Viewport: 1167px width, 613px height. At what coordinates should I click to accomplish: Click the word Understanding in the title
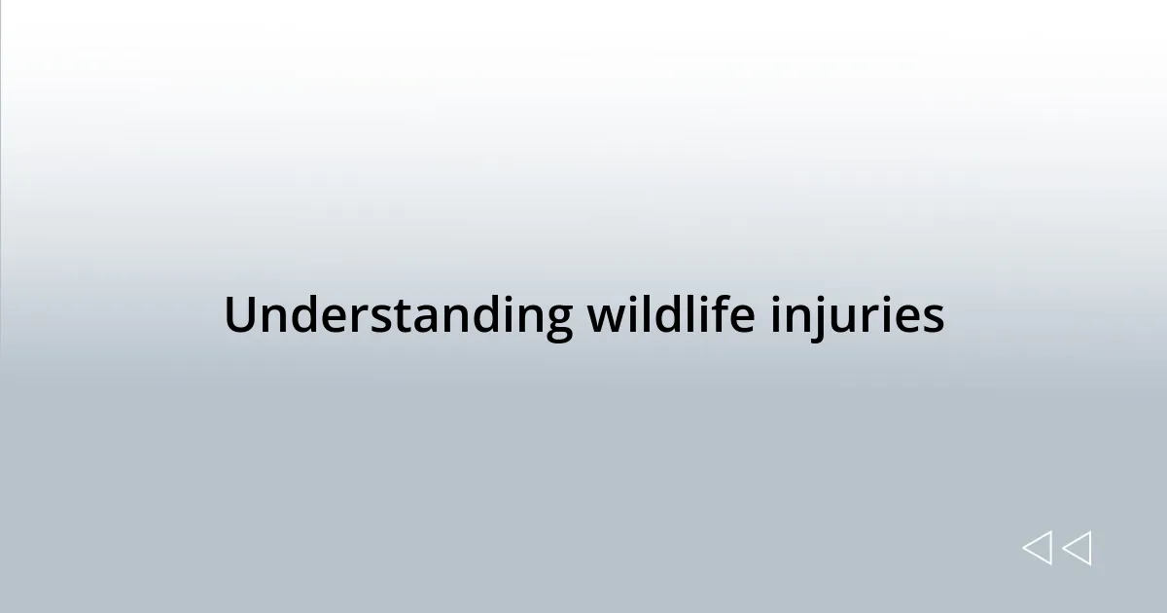(399, 316)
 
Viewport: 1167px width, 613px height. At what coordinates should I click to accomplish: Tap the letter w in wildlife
(603, 319)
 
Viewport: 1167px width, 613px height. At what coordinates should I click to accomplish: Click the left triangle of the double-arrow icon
(1037, 549)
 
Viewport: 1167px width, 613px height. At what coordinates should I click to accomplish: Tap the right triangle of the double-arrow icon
(1077, 549)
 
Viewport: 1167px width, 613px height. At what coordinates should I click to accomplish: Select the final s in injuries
(932, 319)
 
